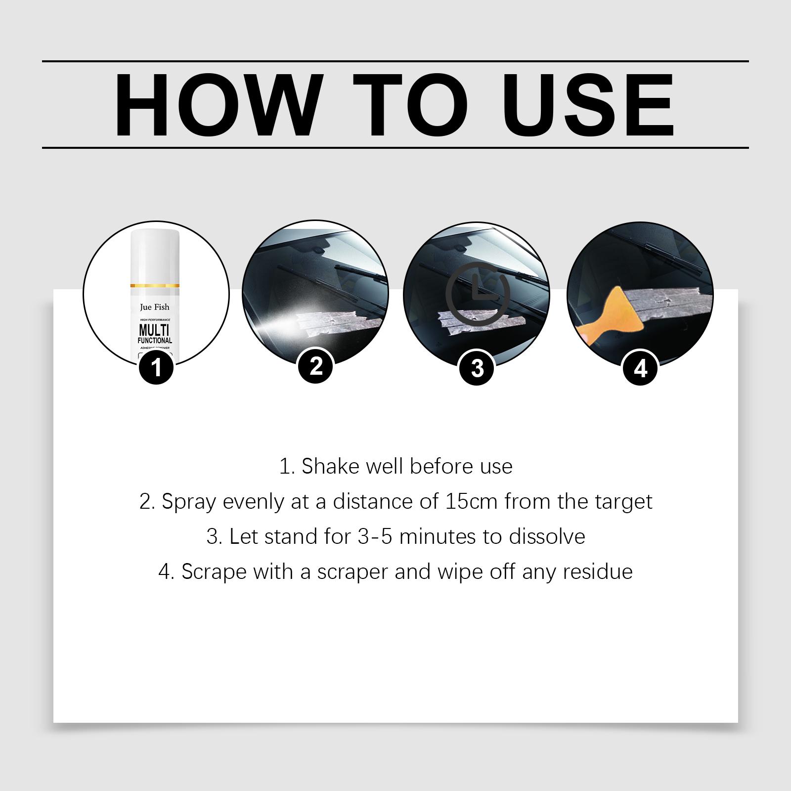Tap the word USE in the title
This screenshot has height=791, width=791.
pyautogui.click(x=588, y=105)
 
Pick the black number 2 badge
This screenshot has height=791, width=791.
pyautogui.click(x=316, y=366)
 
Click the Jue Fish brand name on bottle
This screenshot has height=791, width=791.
pyautogui.click(x=155, y=307)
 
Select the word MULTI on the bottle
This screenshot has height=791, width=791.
pyautogui.click(x=155, y=330)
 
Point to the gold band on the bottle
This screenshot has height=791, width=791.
pyautogui.click(x=155, y=286)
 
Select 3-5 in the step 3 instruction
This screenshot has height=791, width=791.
pyautogui.click(x=375, y=536)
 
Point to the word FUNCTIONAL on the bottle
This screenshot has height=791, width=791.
pyautogui.click(x=155, y=341)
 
